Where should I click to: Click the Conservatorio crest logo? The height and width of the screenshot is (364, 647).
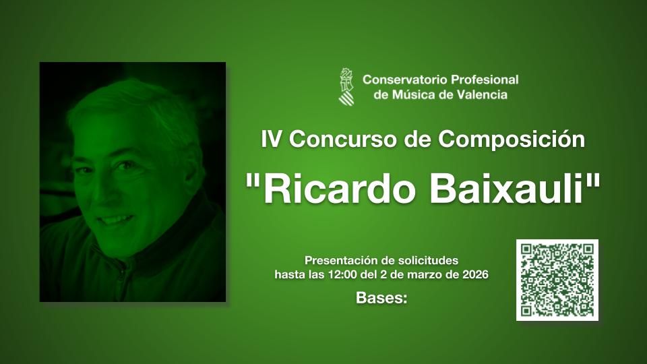pos(346,87)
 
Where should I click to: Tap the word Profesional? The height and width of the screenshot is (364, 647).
pos(485,80)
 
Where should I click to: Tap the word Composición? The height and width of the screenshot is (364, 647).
pos(512,139)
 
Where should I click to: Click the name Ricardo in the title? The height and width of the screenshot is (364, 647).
pos(339,189)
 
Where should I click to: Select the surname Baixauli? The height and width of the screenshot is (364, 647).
pos(507,189)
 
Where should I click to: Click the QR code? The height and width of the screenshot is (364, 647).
pos(557,280)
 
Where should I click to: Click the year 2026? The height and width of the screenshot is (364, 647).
pos(475,274)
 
